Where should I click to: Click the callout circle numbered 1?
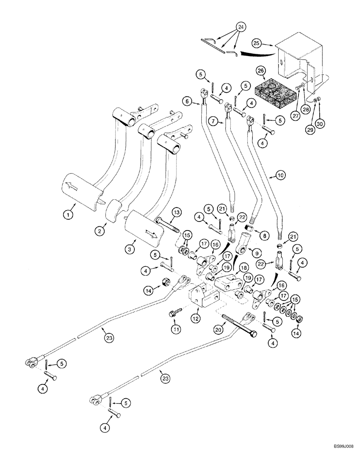pos(68,216)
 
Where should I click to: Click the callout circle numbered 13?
pos(175,213)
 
